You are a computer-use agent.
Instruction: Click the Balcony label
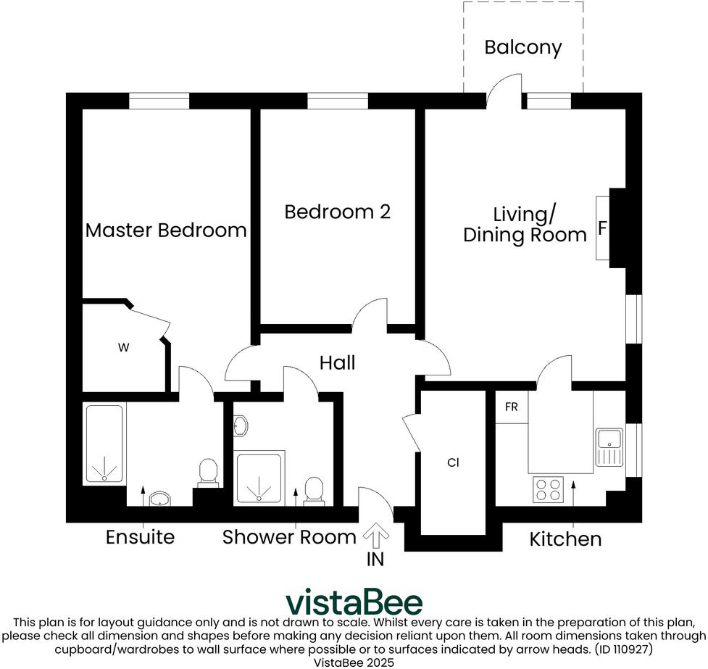(522, 48)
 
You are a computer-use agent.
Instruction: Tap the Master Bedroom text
(166, 230)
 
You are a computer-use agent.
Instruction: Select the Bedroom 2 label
(337, 212)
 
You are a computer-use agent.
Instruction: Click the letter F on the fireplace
(602, 228)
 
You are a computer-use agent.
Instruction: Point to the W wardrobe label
(123, 348)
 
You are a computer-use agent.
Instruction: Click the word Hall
(338, 362)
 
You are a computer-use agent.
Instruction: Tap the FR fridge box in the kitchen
(512, 407)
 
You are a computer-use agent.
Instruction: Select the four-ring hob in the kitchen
(549, 489)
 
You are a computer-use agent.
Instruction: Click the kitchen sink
(609, 447)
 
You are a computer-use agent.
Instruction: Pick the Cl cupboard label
(454, 462)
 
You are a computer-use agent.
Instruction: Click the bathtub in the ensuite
(105, 444)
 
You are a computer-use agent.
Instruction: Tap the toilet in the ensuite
(209, 472)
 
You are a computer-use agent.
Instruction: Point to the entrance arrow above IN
(375, 537)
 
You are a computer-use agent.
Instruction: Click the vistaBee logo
(354, 602)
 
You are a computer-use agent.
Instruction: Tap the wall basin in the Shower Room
(241, 425)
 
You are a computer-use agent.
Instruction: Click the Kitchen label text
(565, 539)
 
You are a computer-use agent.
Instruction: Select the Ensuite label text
(140, 537)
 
